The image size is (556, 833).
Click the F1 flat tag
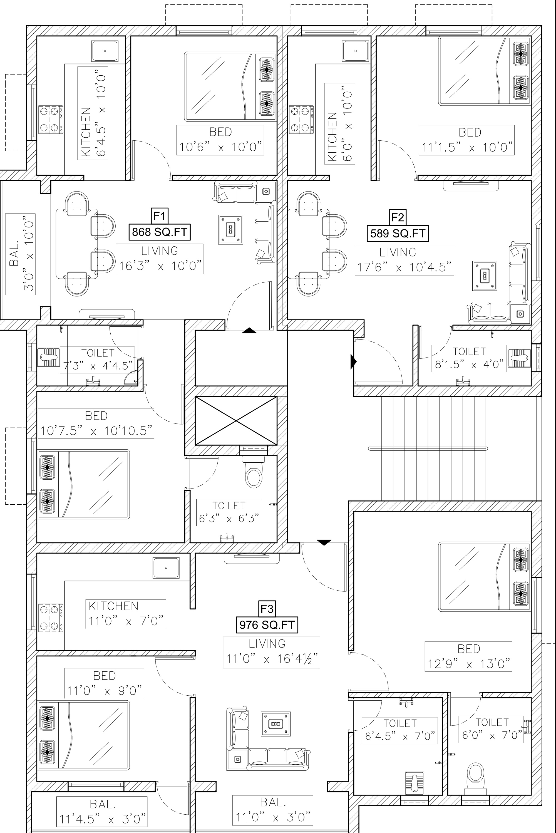(159, 215)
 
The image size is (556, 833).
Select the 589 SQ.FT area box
(398, 233)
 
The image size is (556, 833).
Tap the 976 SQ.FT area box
(267, 625)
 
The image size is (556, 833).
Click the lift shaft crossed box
(236, 421)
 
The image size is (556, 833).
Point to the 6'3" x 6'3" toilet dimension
(229, 519)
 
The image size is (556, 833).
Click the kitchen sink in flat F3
(166, 568)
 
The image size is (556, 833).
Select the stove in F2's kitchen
(301, 120)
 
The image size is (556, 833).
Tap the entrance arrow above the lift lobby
(249, 331)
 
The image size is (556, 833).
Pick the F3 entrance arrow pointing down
(324, 542)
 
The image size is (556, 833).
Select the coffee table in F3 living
(275, 723)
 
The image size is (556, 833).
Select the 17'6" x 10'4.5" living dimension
(404, 267)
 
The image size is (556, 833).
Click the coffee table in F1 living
(230, 229)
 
